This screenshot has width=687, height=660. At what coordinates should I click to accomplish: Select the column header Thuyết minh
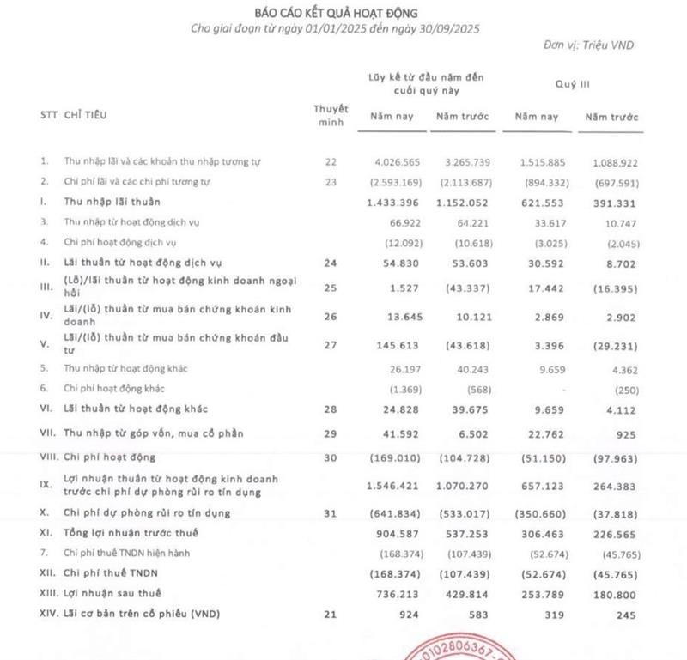coord(331,115)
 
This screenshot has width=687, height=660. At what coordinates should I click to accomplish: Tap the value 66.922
coord(401,222)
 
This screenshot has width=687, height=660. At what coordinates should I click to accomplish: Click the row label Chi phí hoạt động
coord(109,457)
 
